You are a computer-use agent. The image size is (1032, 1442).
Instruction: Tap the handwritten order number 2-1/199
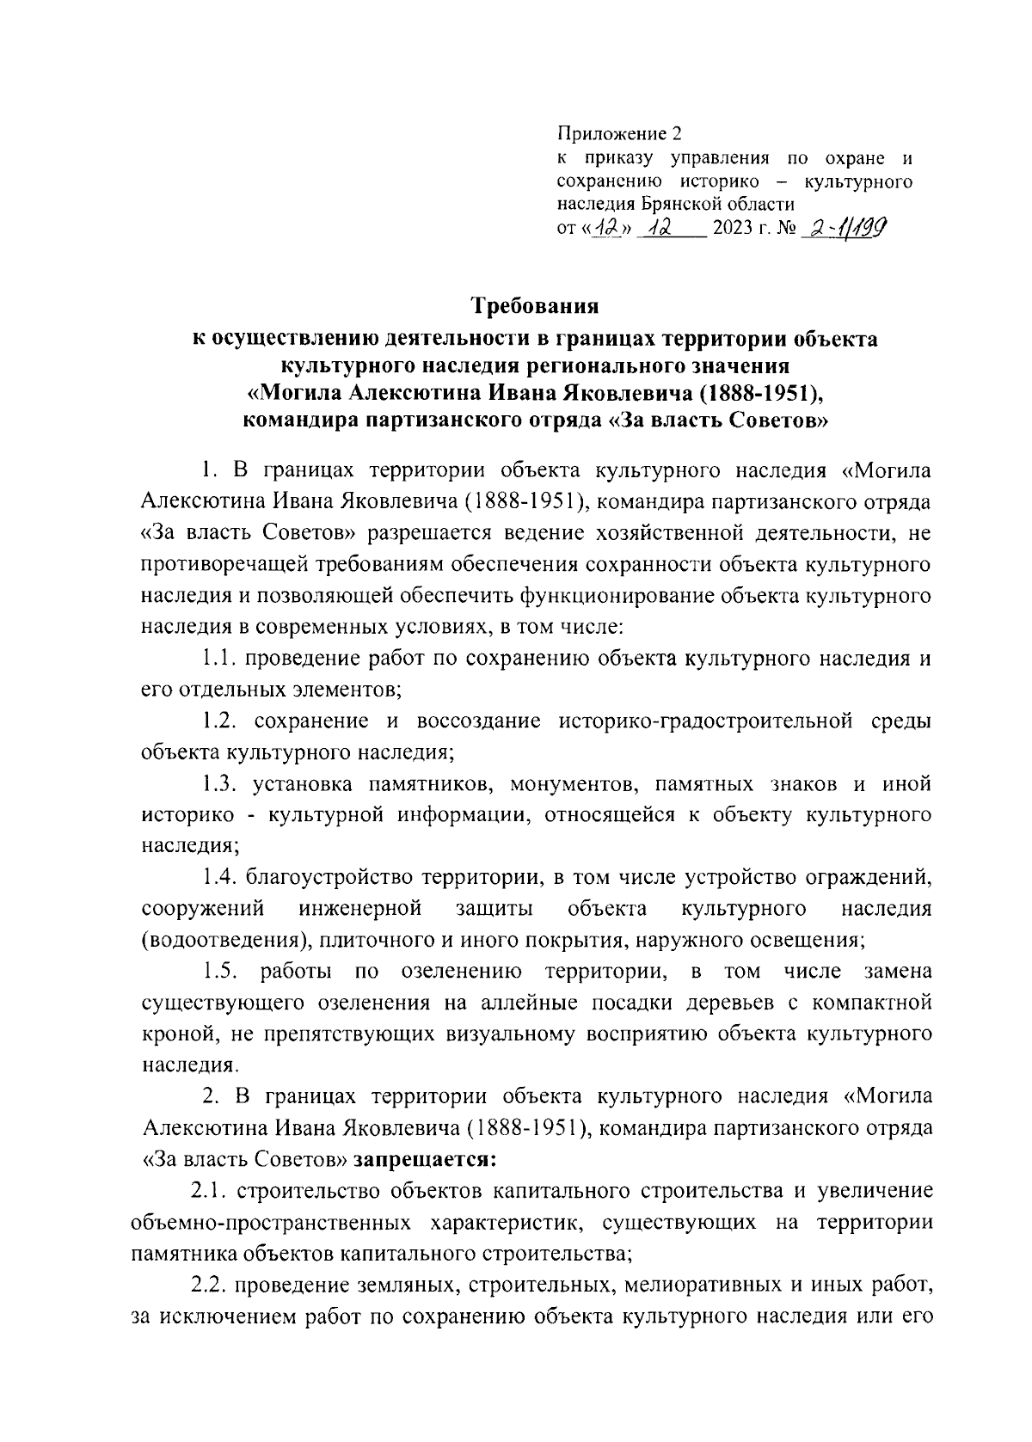click(845, 228)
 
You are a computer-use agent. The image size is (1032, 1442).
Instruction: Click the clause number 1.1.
click(219, 659)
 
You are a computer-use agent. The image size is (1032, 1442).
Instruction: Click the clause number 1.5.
click(221, 972)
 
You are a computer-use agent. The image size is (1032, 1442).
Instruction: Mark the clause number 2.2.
click(208, 1286)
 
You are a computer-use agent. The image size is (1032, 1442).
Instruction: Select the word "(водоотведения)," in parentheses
click(221, 940)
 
